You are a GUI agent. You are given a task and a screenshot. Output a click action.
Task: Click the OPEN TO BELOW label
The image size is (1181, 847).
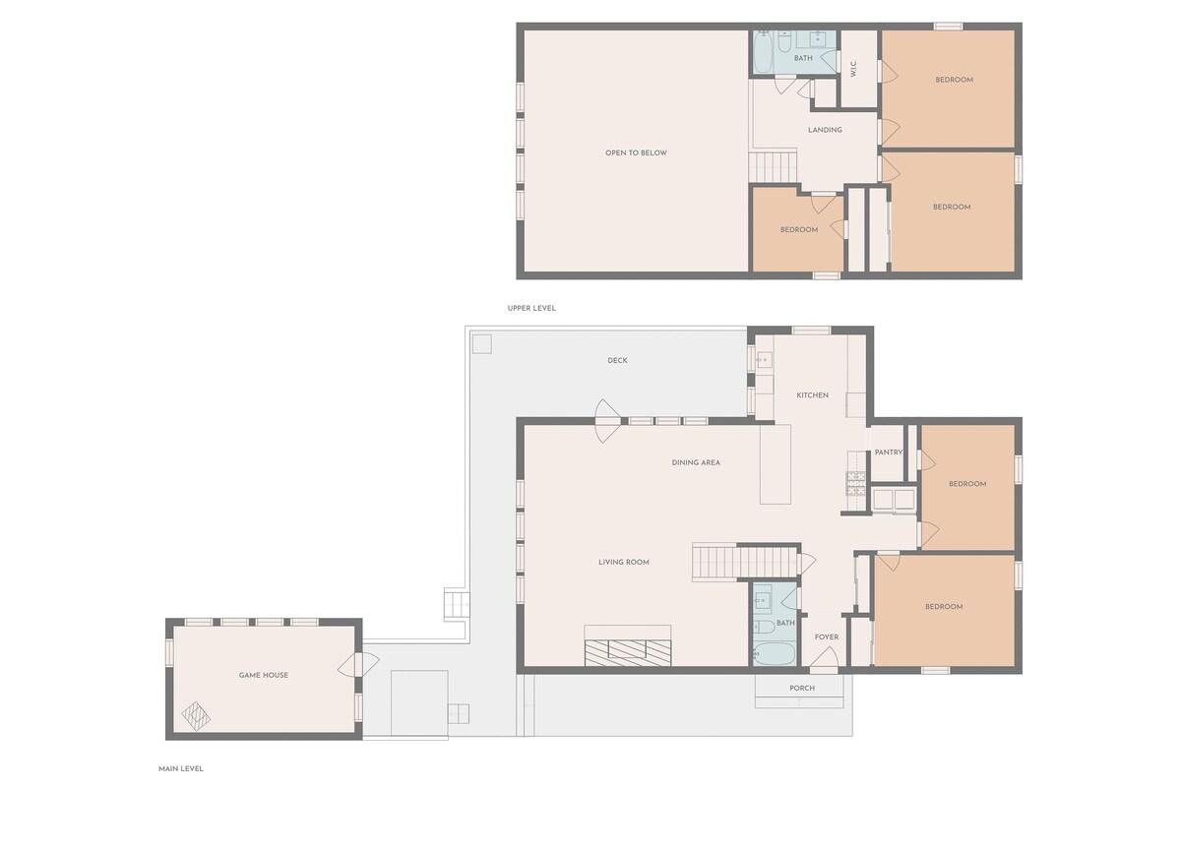coord(636,152)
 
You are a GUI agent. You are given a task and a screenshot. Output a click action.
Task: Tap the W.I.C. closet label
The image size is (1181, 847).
coord(853,69)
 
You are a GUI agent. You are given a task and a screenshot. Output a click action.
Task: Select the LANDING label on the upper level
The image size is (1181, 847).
coord(825,130)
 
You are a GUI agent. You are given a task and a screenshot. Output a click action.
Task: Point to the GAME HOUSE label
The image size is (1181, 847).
coord(263,675)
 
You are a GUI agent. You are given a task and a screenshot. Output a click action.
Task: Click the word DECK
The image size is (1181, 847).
coord(617,360)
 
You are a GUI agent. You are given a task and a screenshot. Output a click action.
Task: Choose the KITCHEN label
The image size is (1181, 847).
coord(813,395)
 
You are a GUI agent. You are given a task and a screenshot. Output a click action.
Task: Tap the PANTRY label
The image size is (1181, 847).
coord(889,453)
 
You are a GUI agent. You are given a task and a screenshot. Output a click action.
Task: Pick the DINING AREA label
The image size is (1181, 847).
coord(696,462)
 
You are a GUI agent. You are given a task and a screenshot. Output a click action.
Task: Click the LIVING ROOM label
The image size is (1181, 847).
coord(624,563)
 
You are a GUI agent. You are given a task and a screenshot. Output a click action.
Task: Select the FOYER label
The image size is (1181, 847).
coord(826,637)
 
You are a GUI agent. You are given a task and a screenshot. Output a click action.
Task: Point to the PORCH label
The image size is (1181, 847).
coord(802,689)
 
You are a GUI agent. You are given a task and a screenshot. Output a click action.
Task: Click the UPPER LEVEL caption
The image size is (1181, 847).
coord(531,308)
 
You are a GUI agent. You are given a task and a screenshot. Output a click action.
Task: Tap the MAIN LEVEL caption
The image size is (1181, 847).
coord(181,769)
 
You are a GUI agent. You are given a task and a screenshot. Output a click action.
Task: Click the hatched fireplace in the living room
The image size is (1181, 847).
coord(628,652)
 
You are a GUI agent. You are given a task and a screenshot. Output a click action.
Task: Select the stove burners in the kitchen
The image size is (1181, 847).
coord(855,483)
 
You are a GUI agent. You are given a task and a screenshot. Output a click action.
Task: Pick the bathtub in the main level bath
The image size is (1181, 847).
coord(774,654)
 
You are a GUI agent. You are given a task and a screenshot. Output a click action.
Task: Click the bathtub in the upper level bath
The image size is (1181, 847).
coord(763,51)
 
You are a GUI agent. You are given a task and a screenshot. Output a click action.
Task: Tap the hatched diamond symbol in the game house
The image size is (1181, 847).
coord(196,716)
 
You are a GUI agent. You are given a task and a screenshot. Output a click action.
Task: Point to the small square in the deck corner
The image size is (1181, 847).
coord(482,344)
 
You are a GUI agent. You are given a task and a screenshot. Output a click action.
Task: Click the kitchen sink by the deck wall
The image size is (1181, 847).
coord(764,361)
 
